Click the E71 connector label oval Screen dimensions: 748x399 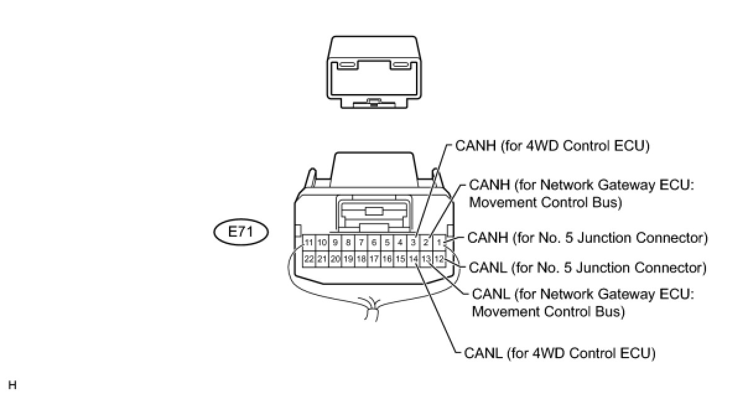coord(241,233)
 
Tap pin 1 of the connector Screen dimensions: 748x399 coord(438,242)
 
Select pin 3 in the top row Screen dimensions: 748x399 coord(413,242)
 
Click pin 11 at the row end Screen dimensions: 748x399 coord(308,242)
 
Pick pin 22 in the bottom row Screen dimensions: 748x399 coord(308,258)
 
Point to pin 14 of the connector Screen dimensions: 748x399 coord(413,258)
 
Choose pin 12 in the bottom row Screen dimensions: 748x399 coord(438,258)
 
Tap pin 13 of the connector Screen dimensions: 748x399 coord(425,258)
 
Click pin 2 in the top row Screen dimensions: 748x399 coord(425,242)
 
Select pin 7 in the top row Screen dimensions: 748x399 coord(361,242)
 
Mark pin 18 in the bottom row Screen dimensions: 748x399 coord(361,258)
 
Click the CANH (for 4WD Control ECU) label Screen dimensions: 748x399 coord(552,146)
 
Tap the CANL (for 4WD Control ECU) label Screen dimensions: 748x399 coord(559,354)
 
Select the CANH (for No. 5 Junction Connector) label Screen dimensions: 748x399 coord(588,237)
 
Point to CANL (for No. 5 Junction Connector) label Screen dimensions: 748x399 coord(588,268)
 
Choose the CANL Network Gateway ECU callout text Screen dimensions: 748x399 coord(582,302)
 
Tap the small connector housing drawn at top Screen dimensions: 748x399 coord(374,71)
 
